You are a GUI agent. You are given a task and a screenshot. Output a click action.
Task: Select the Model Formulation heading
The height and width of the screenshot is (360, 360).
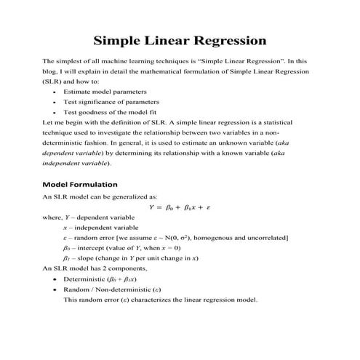80,184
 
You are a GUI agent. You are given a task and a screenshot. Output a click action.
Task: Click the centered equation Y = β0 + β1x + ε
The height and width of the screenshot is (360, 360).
179,207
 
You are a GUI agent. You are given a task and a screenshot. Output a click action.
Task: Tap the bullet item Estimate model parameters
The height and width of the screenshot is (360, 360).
105,92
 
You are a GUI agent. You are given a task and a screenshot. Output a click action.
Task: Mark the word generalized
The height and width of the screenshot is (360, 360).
126,196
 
